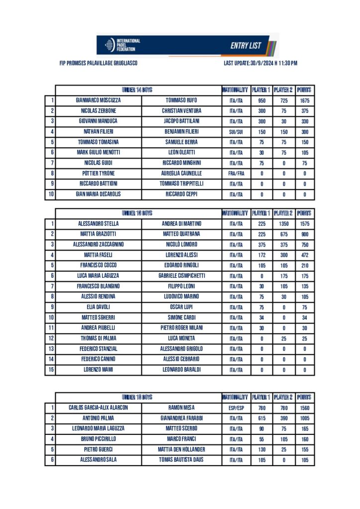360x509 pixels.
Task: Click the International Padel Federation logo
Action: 122,44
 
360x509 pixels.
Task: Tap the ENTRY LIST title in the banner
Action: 246,46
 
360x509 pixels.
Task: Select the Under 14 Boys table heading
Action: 137,90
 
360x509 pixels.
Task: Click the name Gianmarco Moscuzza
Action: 98,100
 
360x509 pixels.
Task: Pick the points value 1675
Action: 305,100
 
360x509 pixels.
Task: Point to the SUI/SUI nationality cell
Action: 236,132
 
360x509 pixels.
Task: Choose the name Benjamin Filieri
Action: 181,132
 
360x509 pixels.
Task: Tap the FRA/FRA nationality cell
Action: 236,173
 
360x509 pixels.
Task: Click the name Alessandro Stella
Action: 98,224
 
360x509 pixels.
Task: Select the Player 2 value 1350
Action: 284,224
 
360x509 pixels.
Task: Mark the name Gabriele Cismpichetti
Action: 181,276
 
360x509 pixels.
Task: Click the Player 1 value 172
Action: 262,255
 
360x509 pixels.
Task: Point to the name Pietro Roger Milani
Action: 181,328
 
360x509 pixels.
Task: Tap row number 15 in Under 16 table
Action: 50,370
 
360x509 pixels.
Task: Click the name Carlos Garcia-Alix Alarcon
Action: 98,408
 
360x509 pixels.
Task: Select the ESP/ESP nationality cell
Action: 236,408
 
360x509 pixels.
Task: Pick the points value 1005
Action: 305,418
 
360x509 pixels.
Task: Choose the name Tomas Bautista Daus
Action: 181,460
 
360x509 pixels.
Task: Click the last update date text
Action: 261,64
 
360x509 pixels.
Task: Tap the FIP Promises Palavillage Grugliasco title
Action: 98,64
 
